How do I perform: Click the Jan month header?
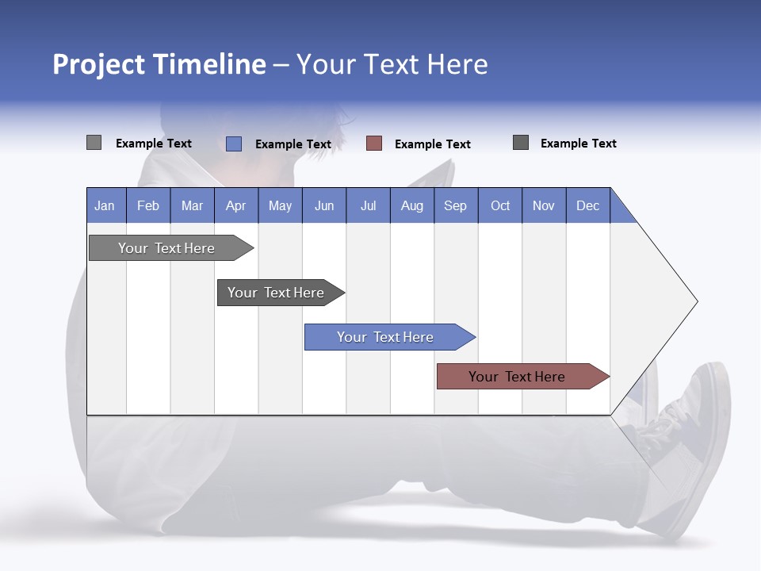point(105,205)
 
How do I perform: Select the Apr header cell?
point(236,205)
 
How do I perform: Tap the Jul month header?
point(368,205)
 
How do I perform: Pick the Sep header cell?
point(456,205)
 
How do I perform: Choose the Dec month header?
point(587,205)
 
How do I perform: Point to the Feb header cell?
point(148,205)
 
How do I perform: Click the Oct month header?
point(500,205)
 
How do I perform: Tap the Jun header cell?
point(324,205)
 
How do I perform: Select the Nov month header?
point(544,205)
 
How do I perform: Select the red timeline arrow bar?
point(518,377)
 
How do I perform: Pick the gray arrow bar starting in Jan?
point(167,248)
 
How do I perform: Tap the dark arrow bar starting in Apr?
point(277,293)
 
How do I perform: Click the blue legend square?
point(234,144)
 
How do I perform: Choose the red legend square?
point(374,144)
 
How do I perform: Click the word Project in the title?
point(99,64)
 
